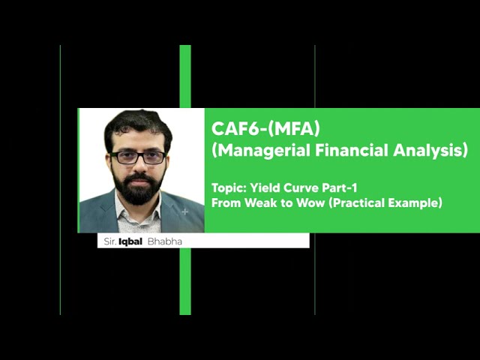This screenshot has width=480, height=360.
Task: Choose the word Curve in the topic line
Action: tap(300, 187)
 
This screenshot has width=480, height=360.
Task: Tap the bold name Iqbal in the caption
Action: tap(130, 241)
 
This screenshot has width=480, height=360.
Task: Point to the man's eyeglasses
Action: tap(138, 157)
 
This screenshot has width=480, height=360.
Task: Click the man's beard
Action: tap(139, 190)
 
